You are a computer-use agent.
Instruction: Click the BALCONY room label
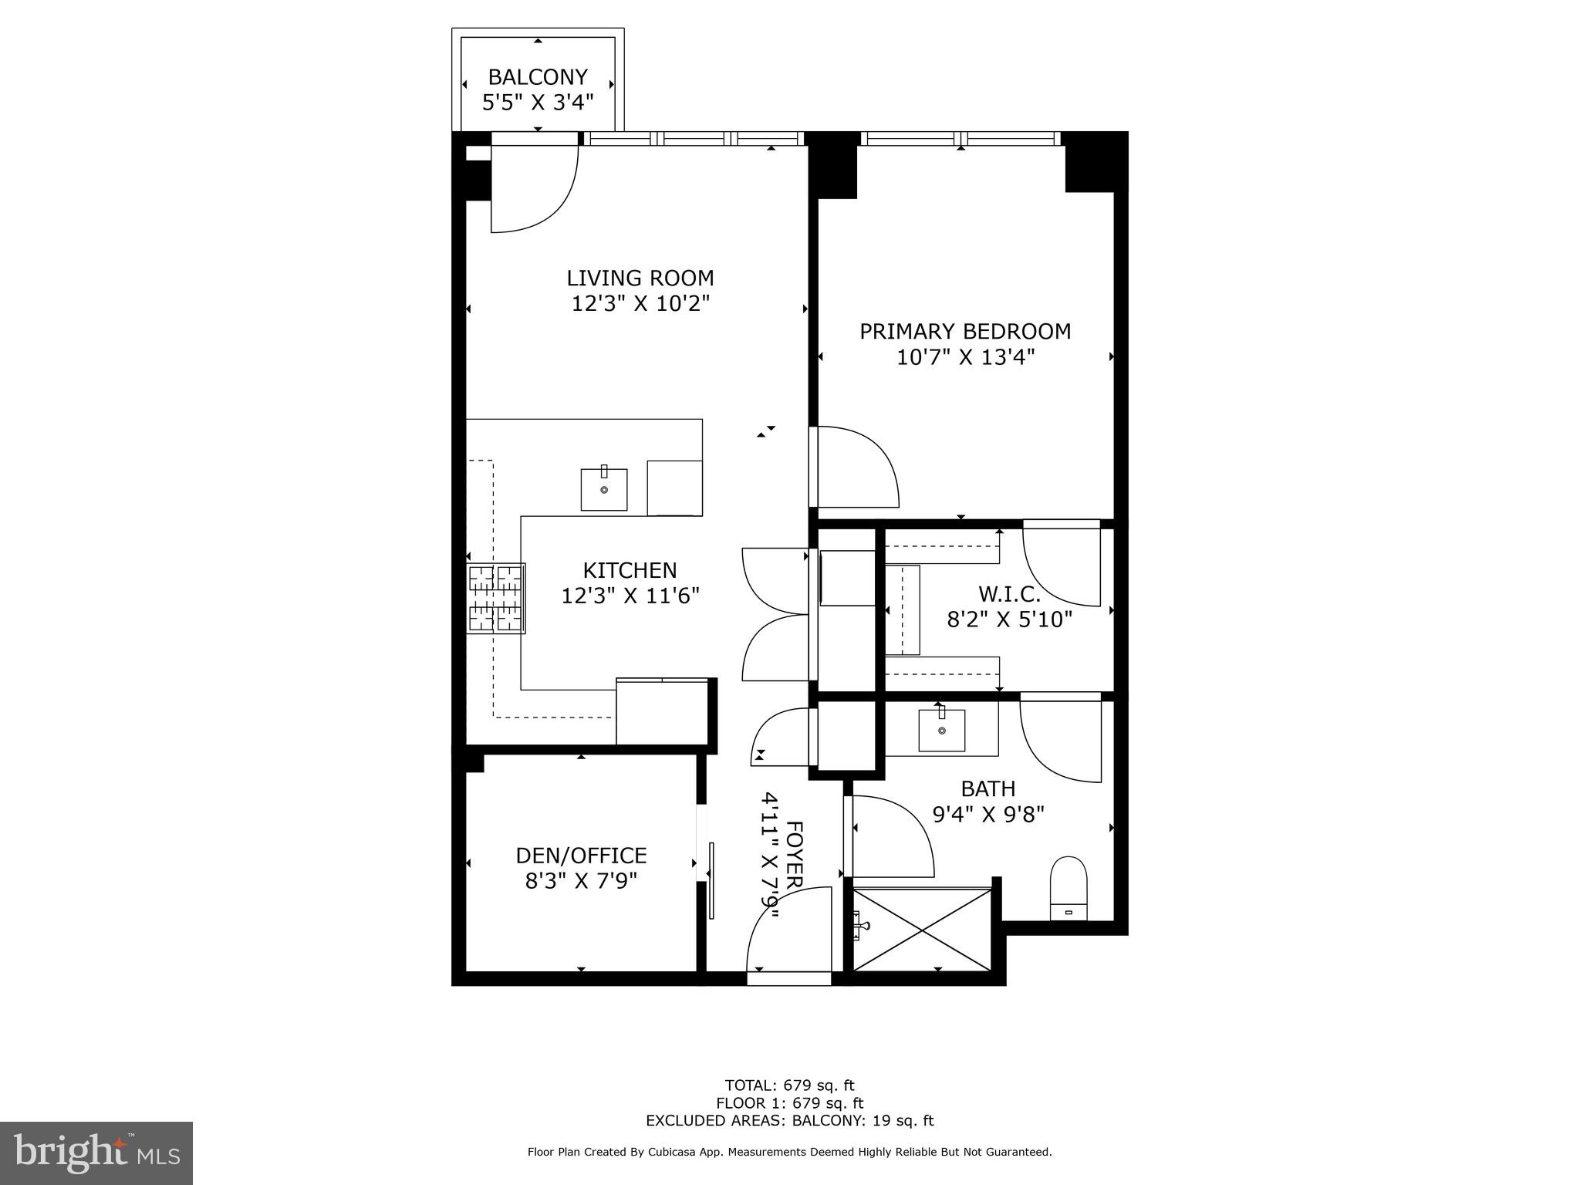point(538,77)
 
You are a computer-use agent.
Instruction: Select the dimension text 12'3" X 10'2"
point(640,304)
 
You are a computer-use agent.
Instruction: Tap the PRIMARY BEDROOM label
point(965,332)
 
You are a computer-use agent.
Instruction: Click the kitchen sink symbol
point(603,489)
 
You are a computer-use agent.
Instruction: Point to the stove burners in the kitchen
point(495,599)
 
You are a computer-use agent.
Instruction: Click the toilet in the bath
point(1069,887)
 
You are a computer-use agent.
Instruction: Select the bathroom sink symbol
point(941,730)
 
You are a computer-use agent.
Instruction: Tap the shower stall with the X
point(922,930)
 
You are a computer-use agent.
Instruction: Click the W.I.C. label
point(1009,594)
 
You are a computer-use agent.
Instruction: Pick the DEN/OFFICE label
point(581,856)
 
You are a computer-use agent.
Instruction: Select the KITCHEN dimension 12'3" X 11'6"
point(630,596)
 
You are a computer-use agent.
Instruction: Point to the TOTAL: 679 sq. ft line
point(789,1086)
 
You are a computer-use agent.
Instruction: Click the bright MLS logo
point(96,1153)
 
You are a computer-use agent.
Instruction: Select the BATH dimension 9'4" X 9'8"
point(988,815)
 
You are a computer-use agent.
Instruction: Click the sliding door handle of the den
point(711,880)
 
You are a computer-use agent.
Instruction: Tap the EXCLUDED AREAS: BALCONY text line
point(789,1121)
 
